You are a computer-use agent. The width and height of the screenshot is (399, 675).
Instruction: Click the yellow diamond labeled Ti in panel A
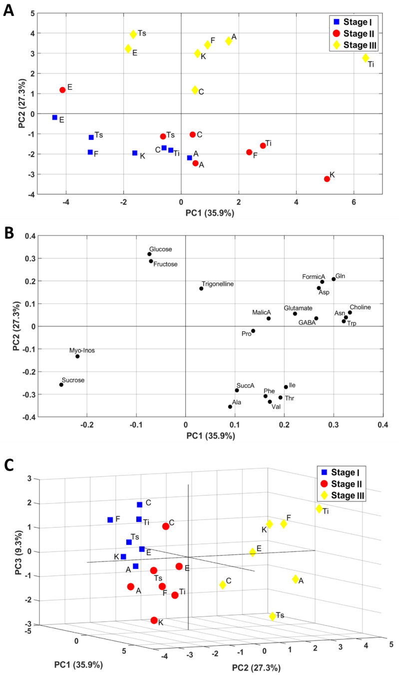pos(366,58)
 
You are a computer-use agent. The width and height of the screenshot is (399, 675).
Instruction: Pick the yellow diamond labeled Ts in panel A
pos(133,34)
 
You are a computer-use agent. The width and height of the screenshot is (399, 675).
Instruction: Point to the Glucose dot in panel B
pos(149,254)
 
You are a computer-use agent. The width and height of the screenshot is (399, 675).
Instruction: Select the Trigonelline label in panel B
pos(218,284)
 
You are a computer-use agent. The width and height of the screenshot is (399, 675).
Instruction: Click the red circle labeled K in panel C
pos(154,620)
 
